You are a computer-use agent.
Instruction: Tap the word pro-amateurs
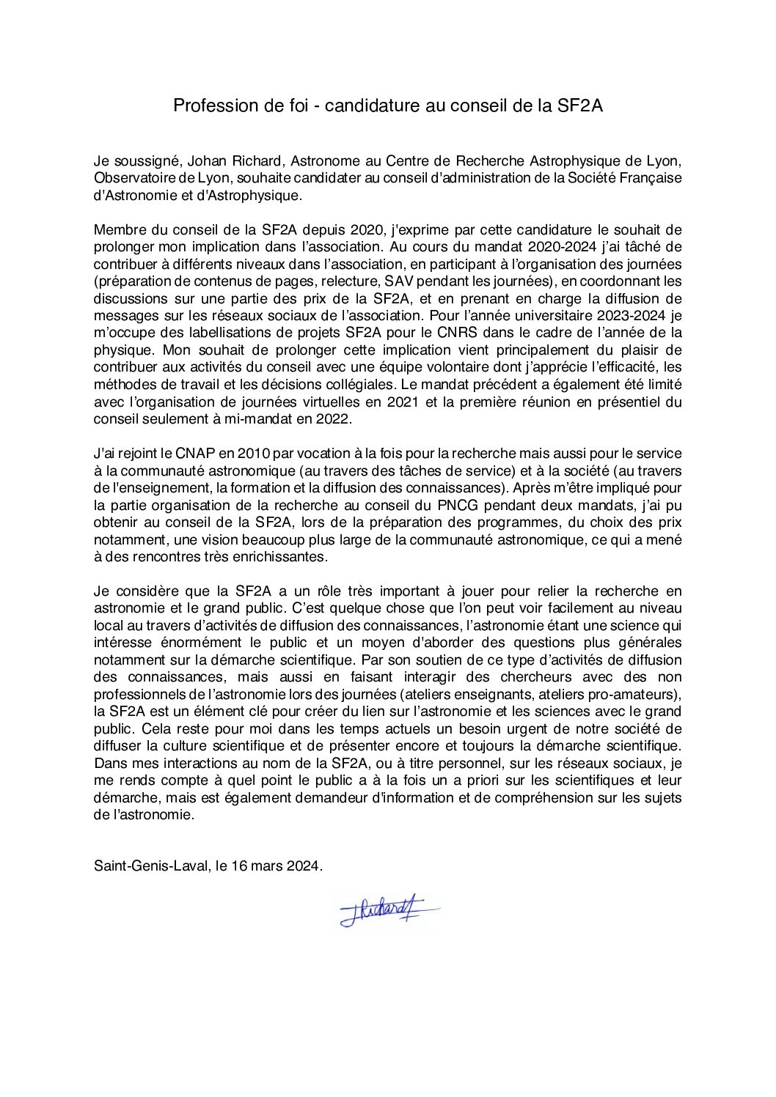point(636,694)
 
